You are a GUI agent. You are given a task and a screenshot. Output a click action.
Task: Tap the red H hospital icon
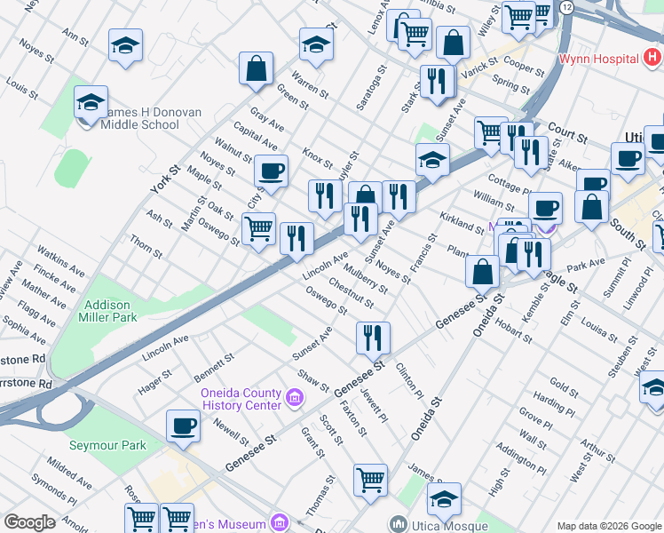click(652, 59)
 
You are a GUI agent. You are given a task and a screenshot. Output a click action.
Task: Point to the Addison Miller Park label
click(111, 311)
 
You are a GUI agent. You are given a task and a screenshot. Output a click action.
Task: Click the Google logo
click(30, 522)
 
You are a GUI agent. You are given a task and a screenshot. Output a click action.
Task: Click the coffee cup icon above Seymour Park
click(184, 426)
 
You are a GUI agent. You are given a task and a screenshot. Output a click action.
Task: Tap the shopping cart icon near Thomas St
click(370, 480)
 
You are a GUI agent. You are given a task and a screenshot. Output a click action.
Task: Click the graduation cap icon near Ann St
click(126, 46)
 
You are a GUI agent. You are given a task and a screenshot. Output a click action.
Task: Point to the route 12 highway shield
click(567, 7)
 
